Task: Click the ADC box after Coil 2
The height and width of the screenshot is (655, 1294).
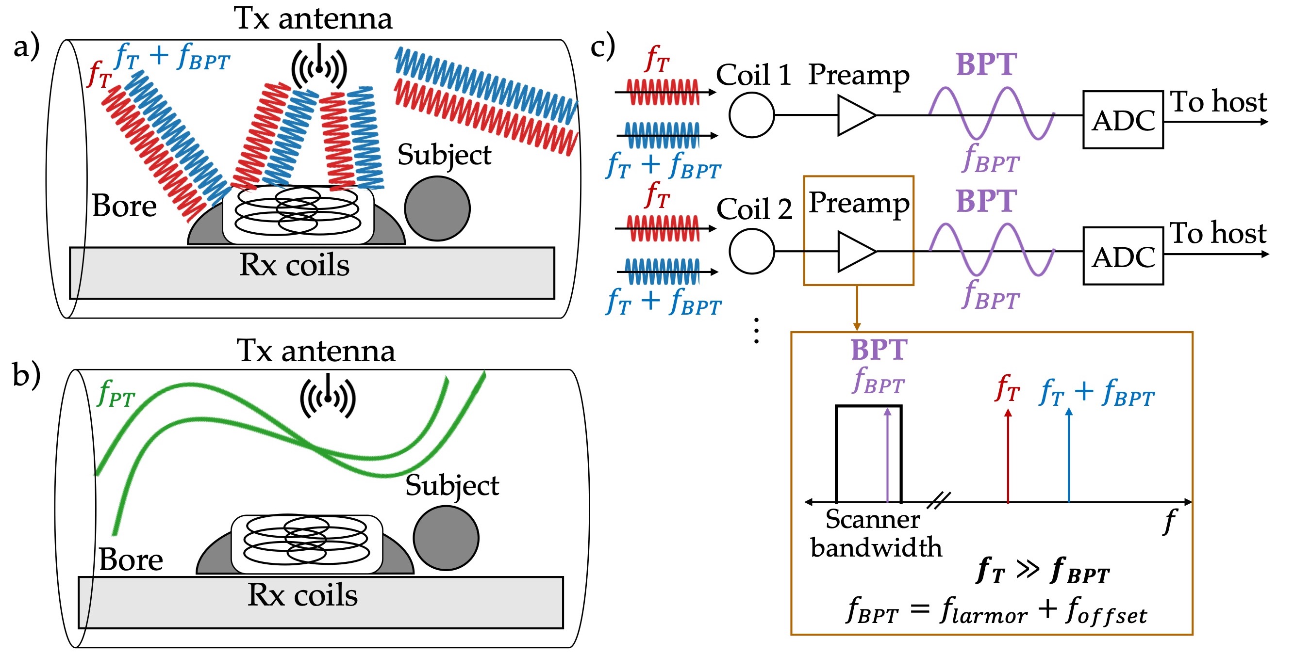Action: [1122, 256]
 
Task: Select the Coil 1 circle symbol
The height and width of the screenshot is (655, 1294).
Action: [751, 115]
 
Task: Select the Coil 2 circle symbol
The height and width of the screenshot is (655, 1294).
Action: [751, 251]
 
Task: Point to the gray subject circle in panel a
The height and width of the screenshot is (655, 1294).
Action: [437, 208]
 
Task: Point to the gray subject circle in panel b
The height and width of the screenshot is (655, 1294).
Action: [446, 538]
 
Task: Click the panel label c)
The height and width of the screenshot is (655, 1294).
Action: [602, 46]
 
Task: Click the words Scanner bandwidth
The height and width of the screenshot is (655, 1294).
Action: [876, 533]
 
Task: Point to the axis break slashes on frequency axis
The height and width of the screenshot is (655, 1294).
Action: [938, 500]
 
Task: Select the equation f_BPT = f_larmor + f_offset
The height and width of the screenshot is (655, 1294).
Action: [996, 610]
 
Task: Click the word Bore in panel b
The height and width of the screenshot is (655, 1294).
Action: [131, 559]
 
